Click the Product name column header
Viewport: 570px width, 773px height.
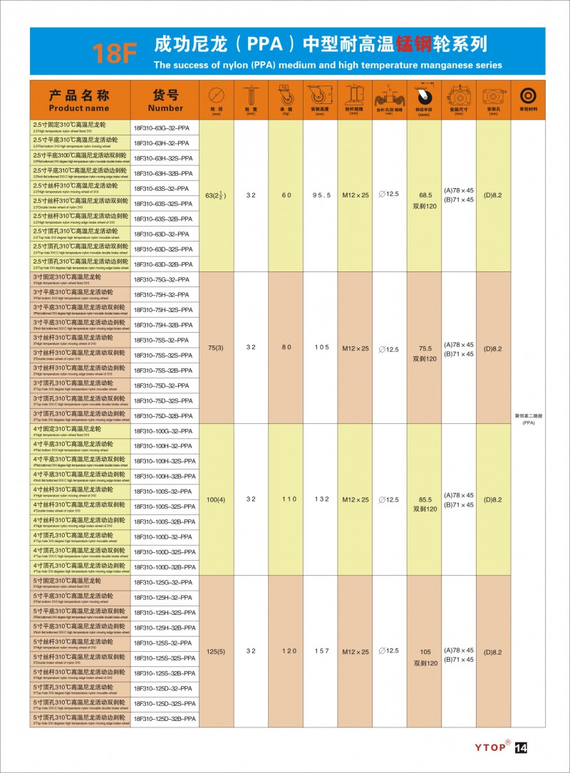click(79, 100)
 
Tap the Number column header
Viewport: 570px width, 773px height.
click(165, 100)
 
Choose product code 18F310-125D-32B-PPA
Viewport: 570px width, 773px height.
click(165, 719)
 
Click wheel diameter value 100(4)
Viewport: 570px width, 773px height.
click(215, 499)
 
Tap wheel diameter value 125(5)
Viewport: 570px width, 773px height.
click(215, 651)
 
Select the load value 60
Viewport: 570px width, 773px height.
click(286, 195)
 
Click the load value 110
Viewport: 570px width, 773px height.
click(286, 499)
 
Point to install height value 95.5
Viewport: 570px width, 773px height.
click(322, 195)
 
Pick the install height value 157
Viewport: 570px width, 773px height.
click(322, 651)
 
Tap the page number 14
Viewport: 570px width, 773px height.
click(520, 747)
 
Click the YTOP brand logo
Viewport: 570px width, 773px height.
click(491, 747)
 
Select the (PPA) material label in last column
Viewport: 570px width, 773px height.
click(528, 422)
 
